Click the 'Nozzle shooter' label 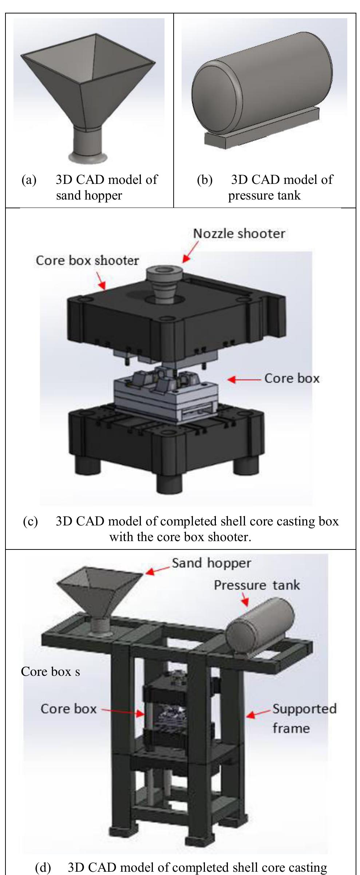pos(239,233)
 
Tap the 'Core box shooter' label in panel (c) pos(87,261)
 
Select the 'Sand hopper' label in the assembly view pos(211,563)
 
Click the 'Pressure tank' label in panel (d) pos(257,585)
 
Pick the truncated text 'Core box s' pos(50,671)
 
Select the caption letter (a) pos(29,180)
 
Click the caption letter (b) pos(204,180)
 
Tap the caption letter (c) pos(30,521)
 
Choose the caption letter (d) pos(43,868)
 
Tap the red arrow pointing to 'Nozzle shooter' pos(191,251)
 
